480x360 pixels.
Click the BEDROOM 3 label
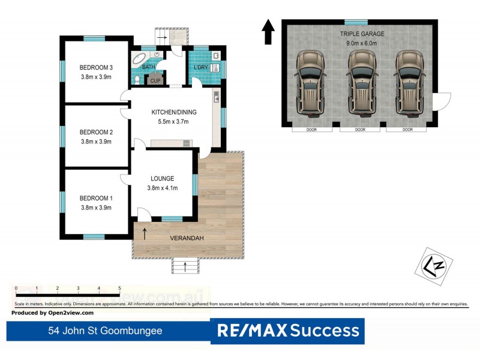96,67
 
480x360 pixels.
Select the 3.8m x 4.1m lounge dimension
163,188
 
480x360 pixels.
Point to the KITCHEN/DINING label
173,112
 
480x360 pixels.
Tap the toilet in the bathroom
137,79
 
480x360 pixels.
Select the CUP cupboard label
155,80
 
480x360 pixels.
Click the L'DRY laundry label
200,67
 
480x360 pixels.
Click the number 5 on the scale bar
119,289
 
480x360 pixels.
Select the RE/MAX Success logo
287,331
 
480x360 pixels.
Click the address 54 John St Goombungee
105,331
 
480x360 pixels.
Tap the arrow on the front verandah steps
185,265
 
